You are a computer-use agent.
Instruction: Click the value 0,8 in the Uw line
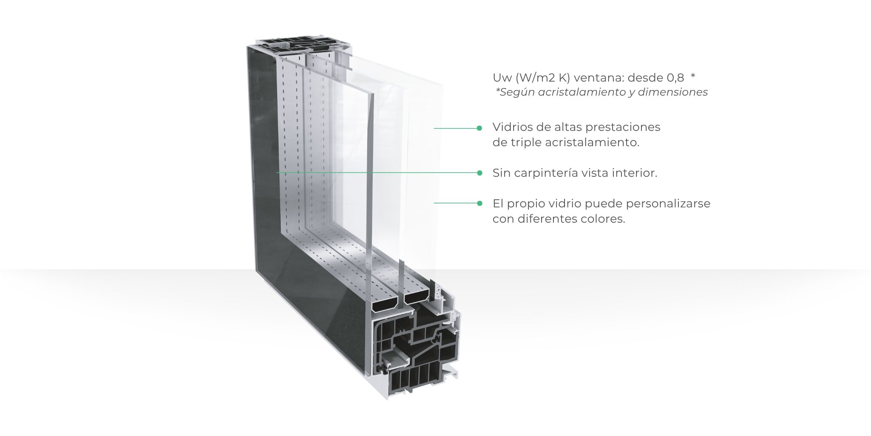click(x=675, y=78)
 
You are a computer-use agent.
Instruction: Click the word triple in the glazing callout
click(x=525, y=143)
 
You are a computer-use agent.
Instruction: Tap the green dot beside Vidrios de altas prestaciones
click(x=479, y=128)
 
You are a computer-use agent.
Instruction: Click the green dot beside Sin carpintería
click(x=479, y=173)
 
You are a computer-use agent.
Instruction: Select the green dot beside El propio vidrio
click(x=479, y=203)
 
